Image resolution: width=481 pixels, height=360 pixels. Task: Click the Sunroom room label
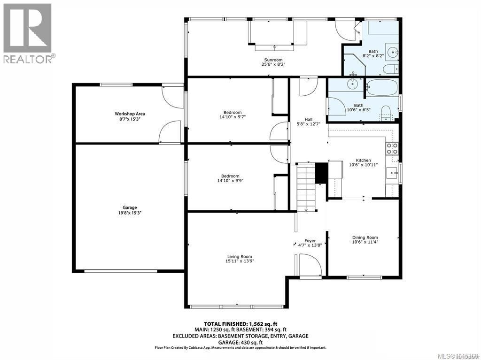click(273, 60)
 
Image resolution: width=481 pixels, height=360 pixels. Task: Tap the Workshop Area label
click(130, 114)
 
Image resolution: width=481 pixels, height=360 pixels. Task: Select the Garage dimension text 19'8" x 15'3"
click(130, 213)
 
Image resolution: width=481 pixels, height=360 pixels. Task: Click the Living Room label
click(240, 256)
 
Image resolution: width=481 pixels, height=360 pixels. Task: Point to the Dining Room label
click(365, 237)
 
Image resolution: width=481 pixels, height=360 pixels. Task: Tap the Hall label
click(308, 120)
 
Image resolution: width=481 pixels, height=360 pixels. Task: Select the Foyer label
click(310, 241)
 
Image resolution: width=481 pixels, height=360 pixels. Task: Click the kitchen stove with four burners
click(392, 148)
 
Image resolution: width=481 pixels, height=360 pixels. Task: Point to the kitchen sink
click(392, 173)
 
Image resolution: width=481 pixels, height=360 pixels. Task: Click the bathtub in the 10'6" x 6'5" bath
click(382, 87)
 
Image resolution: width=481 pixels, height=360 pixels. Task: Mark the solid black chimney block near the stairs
click(321, 173)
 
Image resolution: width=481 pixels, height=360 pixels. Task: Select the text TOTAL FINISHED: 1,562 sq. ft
click(240, 324)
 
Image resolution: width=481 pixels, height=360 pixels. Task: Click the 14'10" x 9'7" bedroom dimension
click(233, 117)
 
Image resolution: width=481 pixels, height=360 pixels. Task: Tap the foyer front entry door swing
click(309, 266)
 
